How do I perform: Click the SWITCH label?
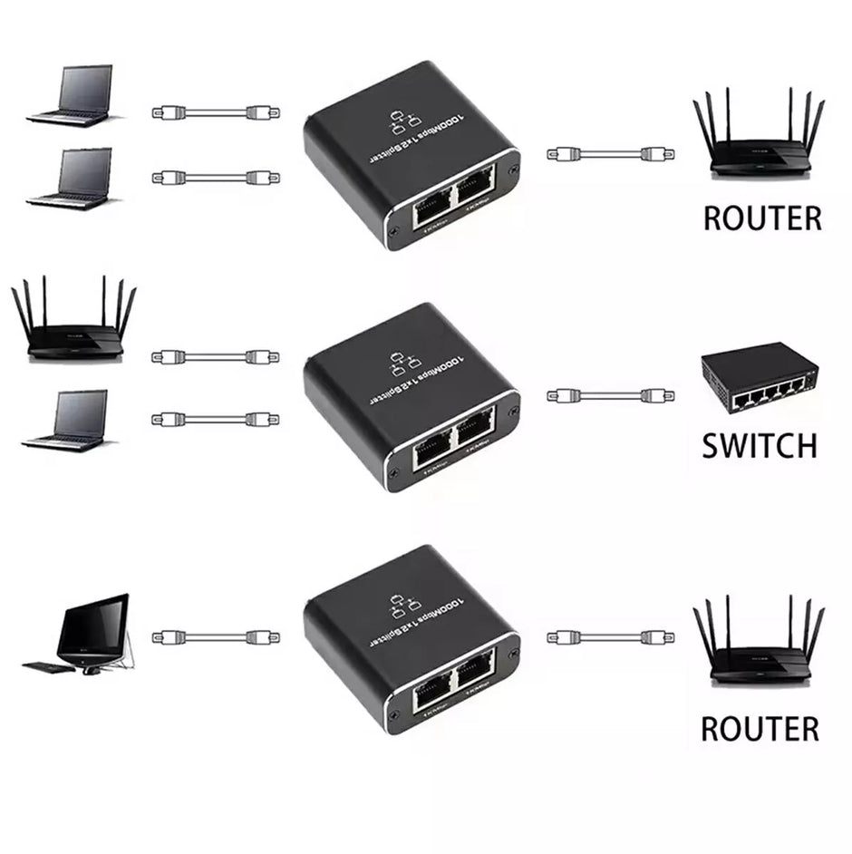(760, 445)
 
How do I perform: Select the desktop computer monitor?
(93, 626)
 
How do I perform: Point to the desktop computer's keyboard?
(44, 668)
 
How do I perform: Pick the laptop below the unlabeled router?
(68, 422)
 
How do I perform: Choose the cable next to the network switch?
(610, 395)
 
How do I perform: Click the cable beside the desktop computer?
(216, 638)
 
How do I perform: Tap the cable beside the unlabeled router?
(216, 356)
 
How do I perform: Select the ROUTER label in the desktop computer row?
(760, 728)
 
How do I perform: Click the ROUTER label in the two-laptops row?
(761, 218)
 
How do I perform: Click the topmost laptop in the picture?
(73, 94)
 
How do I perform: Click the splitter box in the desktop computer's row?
(412, 640)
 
